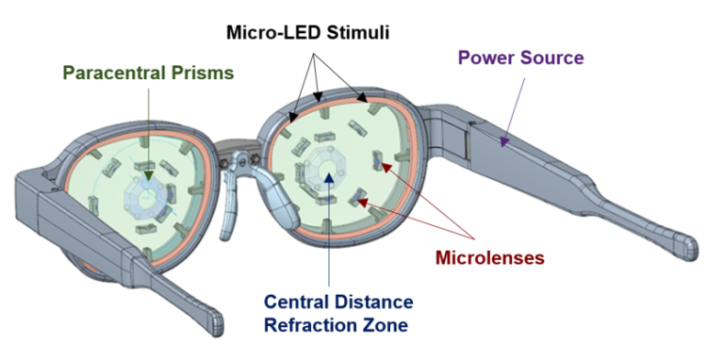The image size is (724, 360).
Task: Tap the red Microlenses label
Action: pos(490,257)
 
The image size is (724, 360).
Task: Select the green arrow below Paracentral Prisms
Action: pos(148,123)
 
